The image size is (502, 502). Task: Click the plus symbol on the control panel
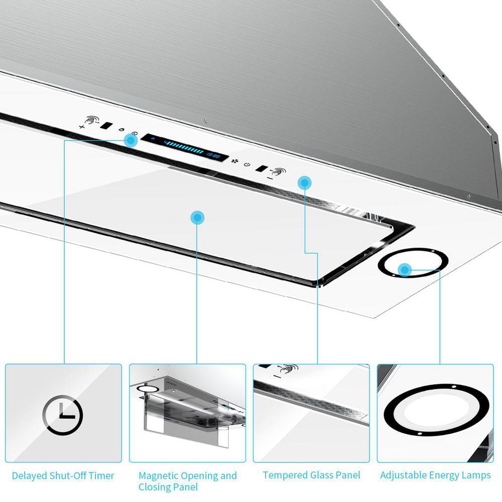[x=82, y=127]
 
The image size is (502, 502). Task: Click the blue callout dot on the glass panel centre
[x=198, y=217]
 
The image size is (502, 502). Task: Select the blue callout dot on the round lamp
[x=405, y=270]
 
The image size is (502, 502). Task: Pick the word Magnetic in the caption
[x=159, y=475]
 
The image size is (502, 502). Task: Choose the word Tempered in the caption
[x=285, y=475]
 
